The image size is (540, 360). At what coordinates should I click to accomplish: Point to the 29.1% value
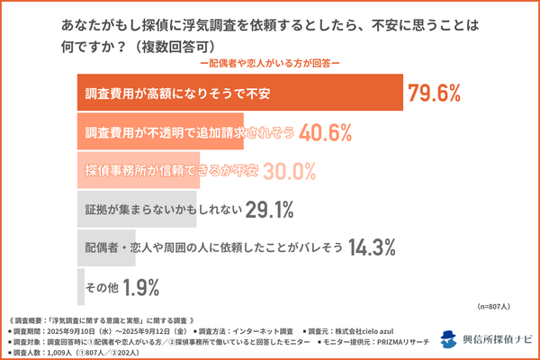click(269, 210)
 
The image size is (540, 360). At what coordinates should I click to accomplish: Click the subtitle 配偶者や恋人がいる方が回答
click(270, 64)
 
